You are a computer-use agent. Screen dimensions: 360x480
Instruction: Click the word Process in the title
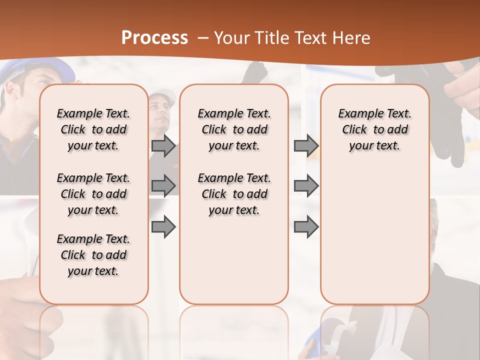tap(154, 38)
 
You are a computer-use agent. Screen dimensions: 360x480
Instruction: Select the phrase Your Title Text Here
tap(292, 38)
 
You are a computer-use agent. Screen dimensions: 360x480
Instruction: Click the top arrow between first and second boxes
tap(163, 146)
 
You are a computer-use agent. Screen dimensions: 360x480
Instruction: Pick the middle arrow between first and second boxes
tap(163, 186)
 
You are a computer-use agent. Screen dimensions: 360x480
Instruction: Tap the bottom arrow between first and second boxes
tap(163, 226)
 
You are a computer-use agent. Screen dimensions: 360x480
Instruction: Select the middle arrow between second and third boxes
tap(305, 186)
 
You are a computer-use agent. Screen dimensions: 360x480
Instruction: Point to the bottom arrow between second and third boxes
tap(305, 226)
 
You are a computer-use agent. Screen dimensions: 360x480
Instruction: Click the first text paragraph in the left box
tap(93, 129)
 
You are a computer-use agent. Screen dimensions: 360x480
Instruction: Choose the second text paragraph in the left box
tap(93, 194)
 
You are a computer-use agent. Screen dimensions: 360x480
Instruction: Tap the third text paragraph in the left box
tap(93, 255)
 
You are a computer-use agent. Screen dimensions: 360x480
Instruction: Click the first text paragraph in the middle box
tap(234, 129)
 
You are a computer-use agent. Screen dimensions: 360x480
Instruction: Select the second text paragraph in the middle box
tap(234, 194)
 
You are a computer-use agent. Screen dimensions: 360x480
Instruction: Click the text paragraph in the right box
tap(374, 129)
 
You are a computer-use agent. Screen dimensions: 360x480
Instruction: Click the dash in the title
tap(203, 38)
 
